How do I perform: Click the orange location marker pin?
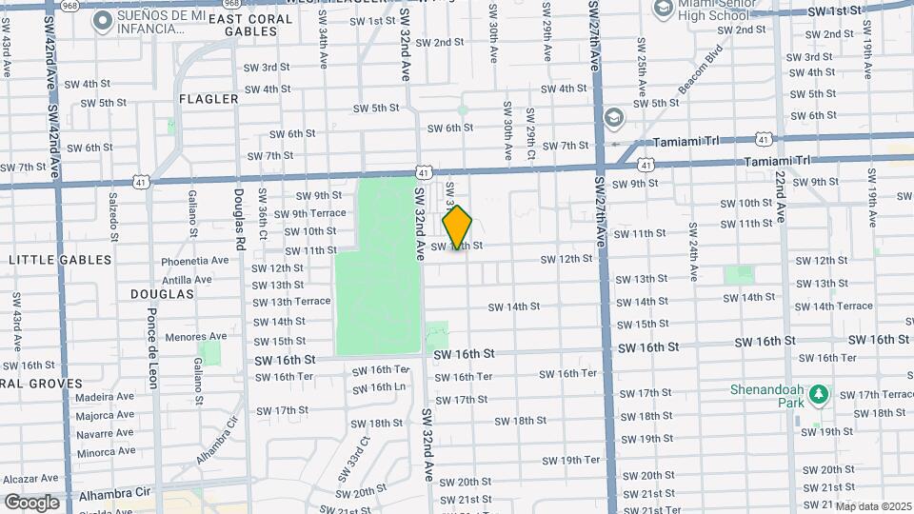[x=458, y=227]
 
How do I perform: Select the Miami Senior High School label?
[x=714, y=11]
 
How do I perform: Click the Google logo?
[x=31, y=503]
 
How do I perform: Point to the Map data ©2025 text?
[x=874, y=505]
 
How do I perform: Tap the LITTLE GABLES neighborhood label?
[x=60, y=260]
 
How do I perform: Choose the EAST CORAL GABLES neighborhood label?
[x=243, y=25]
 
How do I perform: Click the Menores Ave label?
[x=195, y=336]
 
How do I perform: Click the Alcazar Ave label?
[x=30, y=479]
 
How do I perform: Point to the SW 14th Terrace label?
[x=833, y=306]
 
